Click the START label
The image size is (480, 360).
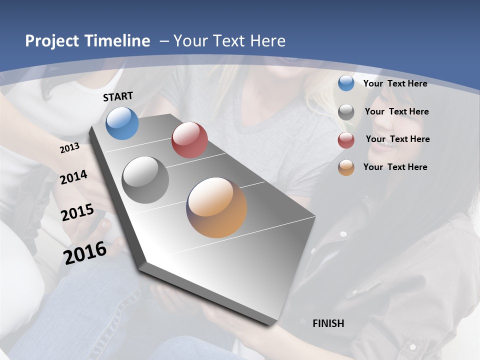[118, 96]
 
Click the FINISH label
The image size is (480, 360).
[328, 323]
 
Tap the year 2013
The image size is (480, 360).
[70, 148]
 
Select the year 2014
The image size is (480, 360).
[74, 177]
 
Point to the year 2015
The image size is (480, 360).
[77, 212]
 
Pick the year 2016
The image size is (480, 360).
[85, 252]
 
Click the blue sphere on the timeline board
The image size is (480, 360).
[122, 123]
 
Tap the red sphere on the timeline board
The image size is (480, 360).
[189, 140]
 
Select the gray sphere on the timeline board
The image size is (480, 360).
[145, 180]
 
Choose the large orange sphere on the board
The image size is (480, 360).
[216, 207]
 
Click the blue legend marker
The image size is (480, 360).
[346, 83]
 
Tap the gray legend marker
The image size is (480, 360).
[346, 112]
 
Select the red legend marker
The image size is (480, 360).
[346, 140]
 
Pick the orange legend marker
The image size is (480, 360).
[346, 167]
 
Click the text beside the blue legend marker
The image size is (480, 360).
[395, 83]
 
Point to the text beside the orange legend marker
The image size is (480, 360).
[395, 167]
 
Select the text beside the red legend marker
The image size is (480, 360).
[397, 139]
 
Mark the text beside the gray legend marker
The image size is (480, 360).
[396, 111]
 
